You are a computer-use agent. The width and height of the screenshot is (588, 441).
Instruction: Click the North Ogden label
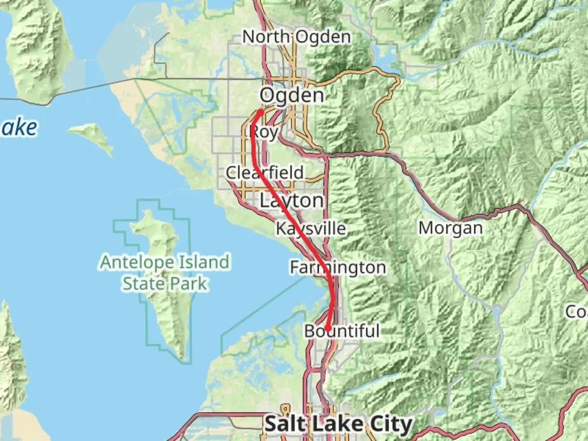click(296, 37)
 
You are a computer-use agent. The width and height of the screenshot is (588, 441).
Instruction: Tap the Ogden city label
click(292, 96)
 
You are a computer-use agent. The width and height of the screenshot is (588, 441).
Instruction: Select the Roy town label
click(263, 132)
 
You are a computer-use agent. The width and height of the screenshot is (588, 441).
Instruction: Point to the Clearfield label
click(265, 172)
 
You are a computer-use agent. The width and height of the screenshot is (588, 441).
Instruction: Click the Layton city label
click(292, 200)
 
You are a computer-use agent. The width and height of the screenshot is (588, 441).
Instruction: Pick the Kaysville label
click(311, 228)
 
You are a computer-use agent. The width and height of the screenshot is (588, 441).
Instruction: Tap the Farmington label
click(338, 267)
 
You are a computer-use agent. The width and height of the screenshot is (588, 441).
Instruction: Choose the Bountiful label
click(342, 331)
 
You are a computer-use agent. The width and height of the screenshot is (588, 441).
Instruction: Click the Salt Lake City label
click(339, 424)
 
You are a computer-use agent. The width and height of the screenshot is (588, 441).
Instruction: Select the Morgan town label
click(450, 228)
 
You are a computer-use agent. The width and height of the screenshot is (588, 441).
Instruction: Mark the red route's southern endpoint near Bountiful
click(327, 328)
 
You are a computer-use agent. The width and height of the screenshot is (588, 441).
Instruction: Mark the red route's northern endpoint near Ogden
click(260, 111)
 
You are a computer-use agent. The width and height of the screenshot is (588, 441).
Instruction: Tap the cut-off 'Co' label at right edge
click(577, 312)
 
